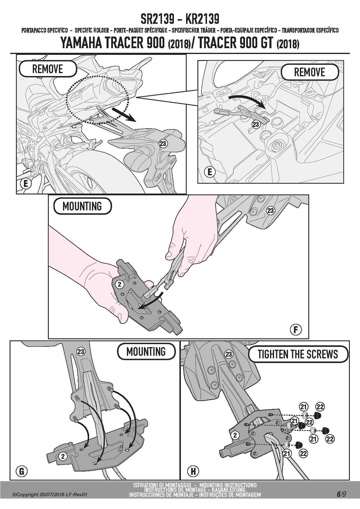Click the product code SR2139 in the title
click(157, 19)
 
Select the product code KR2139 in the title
click(202, 19)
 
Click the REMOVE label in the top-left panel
click(48, 69)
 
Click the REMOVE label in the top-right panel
click(309, 72)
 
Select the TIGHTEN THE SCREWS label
click(298, 354)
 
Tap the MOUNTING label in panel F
click(82, 206)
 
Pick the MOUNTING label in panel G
click(146, 352)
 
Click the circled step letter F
click(296, 330)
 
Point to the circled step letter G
click(22, 471)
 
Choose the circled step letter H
click(193, 471)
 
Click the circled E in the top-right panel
click(210, 172)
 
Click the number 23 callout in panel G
click(81, 352)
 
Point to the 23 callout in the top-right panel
click(256, 124)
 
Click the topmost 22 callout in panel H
click(320, 407)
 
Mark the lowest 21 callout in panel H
click(287, 453)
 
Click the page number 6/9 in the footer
click(342, 494)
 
